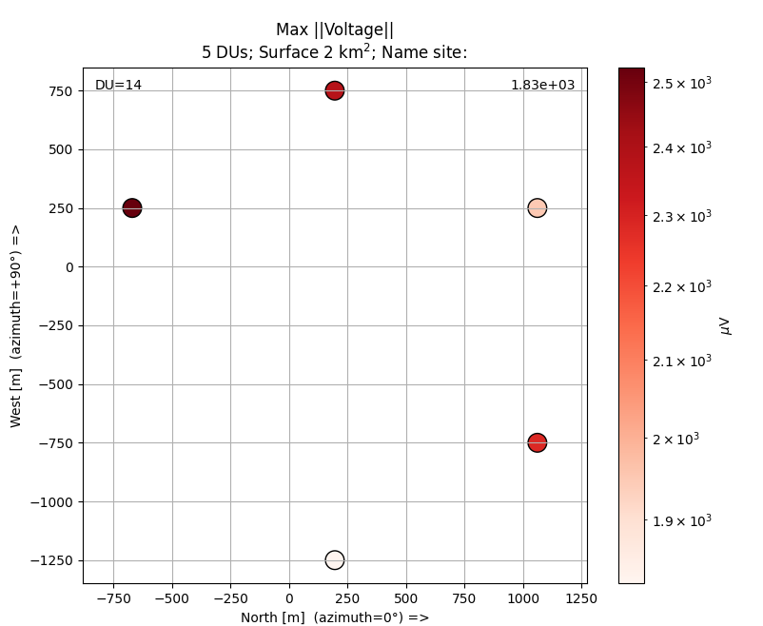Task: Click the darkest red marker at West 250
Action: (132, 207)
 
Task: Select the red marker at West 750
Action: (334, 90)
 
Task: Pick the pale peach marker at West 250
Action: (538, 207)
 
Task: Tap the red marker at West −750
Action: (538, 442)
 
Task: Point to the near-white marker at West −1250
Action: (334, 559)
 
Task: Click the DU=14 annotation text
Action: (118, 86)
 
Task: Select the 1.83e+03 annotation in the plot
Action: (542, 86)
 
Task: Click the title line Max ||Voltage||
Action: (335, 29)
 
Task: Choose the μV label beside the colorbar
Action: (726, 326)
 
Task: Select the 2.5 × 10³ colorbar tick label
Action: (682, 83)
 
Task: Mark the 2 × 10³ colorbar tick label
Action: (675, 439)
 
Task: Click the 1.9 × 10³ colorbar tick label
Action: (682, 520)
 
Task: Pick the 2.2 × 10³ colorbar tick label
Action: (682, 286)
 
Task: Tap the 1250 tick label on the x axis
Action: (581, 598)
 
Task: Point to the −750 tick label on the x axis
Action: (113, 598)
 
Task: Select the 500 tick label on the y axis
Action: (60, 149)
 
